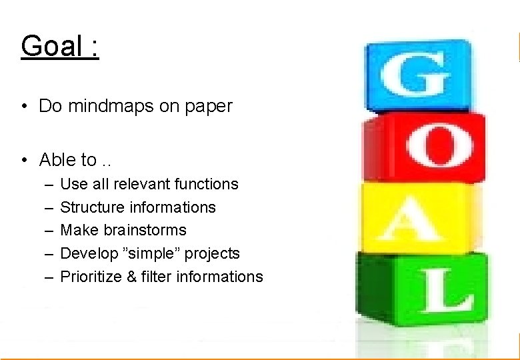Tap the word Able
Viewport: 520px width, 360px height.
59,160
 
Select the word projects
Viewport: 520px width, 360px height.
212,254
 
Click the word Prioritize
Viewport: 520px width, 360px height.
90,277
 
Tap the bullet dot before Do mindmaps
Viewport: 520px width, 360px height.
23,107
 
